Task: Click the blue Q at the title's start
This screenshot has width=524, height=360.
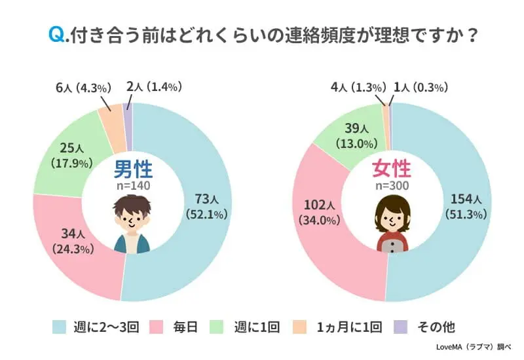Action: point(56,34)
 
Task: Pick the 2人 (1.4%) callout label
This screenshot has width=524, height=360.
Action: point(154,86)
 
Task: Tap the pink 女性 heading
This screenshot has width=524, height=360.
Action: point(392,170)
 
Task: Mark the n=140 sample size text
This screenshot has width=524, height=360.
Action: point(133,187)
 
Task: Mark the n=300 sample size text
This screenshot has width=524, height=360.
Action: point(392,187)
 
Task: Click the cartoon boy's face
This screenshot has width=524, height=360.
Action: point(132,220)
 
